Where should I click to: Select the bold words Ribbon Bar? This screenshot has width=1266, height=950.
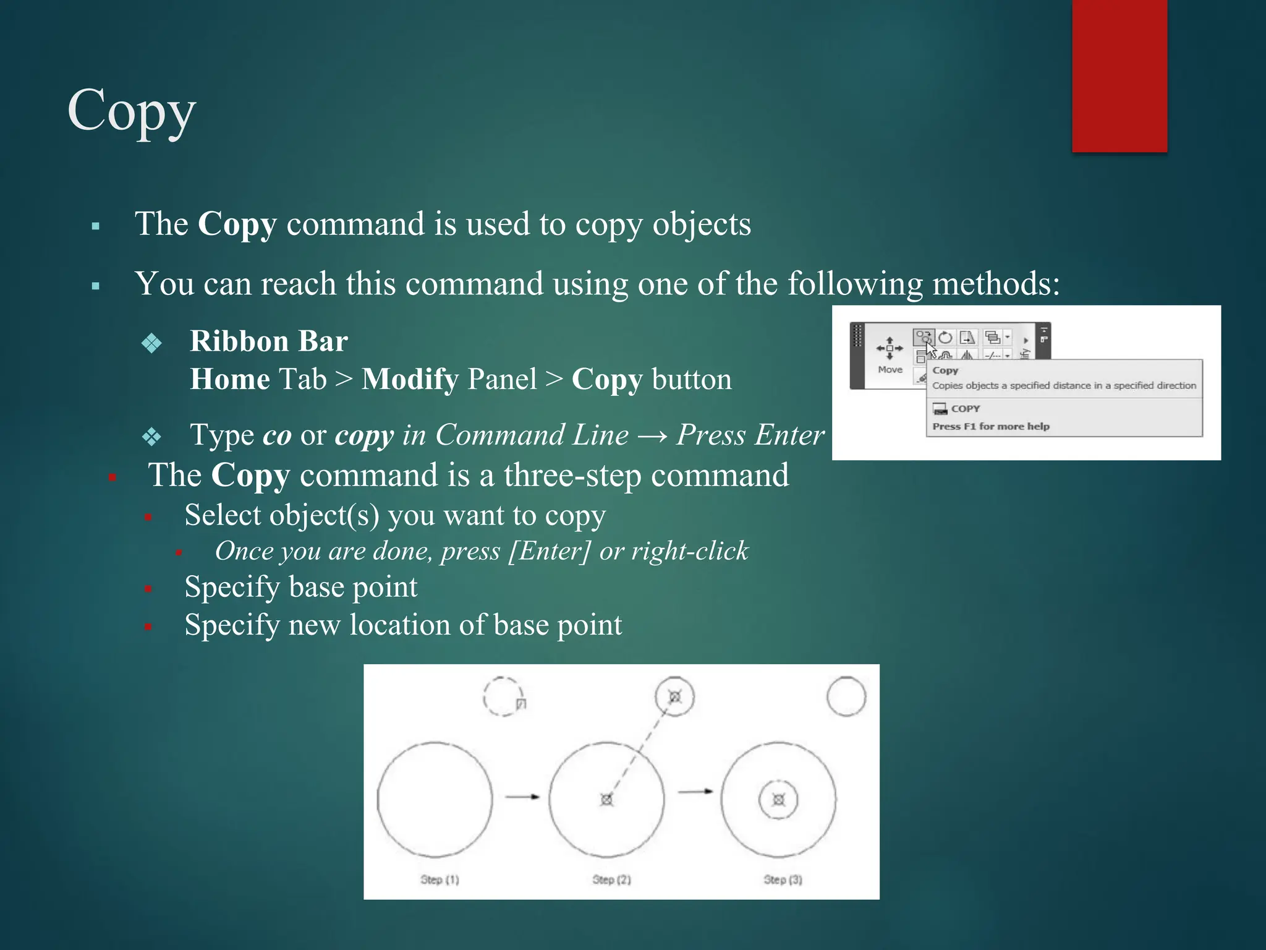269,341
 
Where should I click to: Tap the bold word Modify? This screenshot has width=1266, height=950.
410,379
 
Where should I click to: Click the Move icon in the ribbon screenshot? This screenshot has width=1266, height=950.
890,348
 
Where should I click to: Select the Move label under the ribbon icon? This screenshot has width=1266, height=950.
890,370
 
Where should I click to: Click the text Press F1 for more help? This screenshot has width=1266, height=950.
991,426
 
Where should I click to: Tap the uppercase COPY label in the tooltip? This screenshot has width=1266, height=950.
966,409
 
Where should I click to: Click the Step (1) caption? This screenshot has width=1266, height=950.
440,879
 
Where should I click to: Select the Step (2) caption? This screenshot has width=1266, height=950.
611,879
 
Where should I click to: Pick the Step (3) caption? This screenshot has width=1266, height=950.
783,879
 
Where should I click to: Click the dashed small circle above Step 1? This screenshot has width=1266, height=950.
503,696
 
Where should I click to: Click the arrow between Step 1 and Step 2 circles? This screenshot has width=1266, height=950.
522,797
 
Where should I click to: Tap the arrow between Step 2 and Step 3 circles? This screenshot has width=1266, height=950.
695,791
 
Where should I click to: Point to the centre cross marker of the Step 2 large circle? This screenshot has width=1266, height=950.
606,800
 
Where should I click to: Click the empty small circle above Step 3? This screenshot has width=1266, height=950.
846,696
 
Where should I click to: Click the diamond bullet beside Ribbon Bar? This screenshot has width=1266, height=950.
151,343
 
